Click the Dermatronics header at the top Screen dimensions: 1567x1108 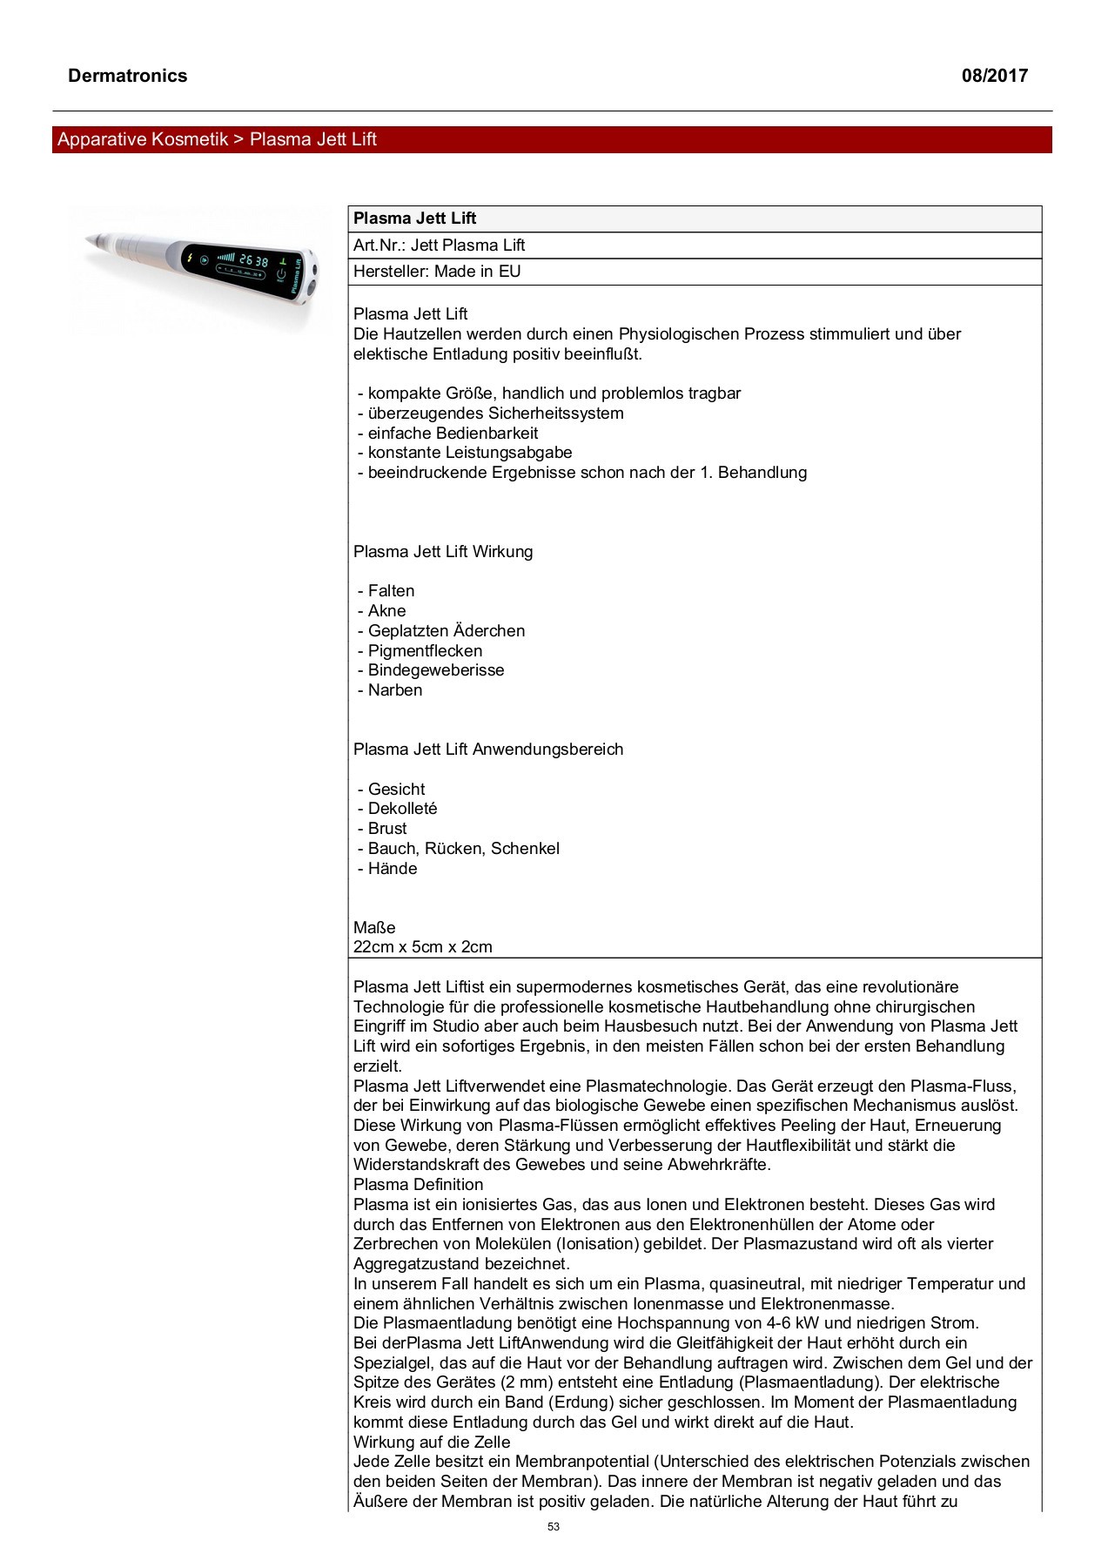click(127, 76)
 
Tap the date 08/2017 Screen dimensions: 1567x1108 click(994, 76)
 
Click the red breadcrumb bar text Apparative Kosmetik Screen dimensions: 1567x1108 click(143, 139)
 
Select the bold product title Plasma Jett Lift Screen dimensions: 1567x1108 click(414, 219)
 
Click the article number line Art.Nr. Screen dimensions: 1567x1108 click(439, 245)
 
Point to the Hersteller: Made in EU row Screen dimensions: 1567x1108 click(437, 272)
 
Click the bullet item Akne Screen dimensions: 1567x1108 click(386, 611)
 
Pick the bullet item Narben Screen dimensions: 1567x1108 click(394, 690)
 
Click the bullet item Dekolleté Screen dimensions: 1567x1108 click(402, 809)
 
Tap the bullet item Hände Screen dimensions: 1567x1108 click(393, 869)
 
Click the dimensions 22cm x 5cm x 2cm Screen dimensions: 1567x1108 click(423, 947)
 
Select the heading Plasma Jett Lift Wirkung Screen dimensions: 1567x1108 click(443, 552)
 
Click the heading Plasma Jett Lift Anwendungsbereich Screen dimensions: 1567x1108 click(488, 750)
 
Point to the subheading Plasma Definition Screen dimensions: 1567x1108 click(418, 1185)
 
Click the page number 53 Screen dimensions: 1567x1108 click(554, 1526)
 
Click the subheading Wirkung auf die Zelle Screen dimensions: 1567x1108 click(432, 1443)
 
